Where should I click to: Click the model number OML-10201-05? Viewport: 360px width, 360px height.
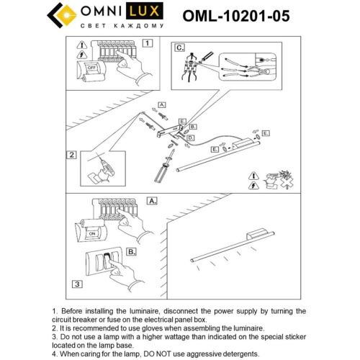coord(237,16)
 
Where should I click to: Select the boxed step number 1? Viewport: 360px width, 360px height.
coord(148,42)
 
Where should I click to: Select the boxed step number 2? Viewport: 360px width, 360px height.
coord(72,154)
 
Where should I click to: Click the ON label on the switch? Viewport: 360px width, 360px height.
coord(91,234)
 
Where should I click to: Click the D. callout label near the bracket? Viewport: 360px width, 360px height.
coord(191,137)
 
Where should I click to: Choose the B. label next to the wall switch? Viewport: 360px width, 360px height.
coord(132,252)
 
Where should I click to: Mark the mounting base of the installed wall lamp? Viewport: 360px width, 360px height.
coord(257,234)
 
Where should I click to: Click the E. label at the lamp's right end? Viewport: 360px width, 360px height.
coord(266,133)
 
